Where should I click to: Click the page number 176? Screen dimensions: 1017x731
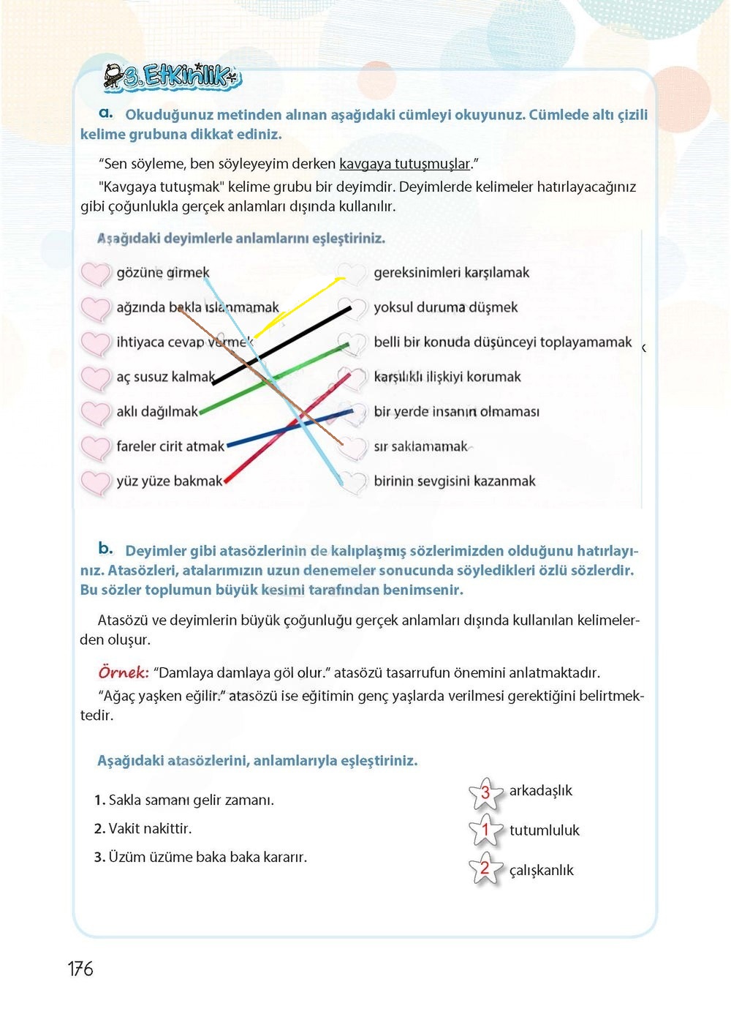(x=80, y=969)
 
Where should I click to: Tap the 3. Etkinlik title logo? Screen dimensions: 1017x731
(x=173, y=76)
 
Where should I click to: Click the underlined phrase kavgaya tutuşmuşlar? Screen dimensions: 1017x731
(x=405, y=164)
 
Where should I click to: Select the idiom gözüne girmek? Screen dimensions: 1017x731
(x=163, y=273)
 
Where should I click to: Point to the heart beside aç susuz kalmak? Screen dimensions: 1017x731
(x=95, y=378)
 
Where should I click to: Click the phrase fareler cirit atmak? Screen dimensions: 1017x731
(x=170, y=446)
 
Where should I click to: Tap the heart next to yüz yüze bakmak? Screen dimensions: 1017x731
(x=95, y=482)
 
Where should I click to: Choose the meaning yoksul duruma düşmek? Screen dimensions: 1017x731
(x=445, y=307)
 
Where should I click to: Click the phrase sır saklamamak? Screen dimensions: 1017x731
(x=420, y=446)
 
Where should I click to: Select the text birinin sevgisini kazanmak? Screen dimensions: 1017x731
(x=454, y=481)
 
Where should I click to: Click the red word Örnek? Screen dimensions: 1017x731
(x=123, y=672)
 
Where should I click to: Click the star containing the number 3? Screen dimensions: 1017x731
(x=485, y=793)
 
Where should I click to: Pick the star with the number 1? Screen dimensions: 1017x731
(x=485, y=830)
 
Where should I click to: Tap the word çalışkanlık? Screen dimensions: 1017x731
(x=541, y=870)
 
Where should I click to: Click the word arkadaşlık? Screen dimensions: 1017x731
(x=540, y=790)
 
